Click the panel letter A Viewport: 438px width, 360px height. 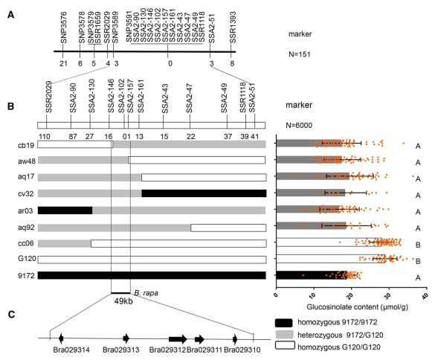pos(10,15)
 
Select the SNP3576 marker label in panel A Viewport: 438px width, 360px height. pos(64,28)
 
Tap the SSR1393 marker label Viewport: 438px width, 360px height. pos(233,28)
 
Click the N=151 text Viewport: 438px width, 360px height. pos(300,54)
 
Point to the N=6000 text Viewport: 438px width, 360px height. pos(299,126)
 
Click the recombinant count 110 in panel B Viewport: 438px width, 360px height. pos(45,136)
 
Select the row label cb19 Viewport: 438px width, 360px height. pos(27,145)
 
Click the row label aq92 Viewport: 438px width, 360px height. pos(26,228)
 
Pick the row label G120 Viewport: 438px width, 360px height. pos(27,259)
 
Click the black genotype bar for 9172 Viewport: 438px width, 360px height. pos(152,275)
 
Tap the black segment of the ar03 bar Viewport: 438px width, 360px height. pos(65,210)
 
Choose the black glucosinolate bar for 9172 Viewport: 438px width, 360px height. pos(311,275)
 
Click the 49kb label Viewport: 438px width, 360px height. pos(123,301)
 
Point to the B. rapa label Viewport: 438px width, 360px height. pos(146,293)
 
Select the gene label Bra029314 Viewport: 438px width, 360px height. pos(71,350)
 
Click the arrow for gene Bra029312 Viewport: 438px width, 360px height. pos(178,339)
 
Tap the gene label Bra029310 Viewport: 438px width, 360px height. pos(242,350)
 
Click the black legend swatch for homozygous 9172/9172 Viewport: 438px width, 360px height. pos(284,323)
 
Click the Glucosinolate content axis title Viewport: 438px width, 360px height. pos(357,307)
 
